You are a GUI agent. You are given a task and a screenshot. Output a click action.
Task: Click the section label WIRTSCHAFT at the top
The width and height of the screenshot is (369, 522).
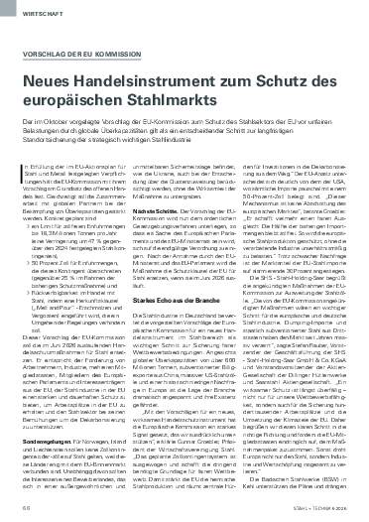pyautogui.click(x=36, y=14)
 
